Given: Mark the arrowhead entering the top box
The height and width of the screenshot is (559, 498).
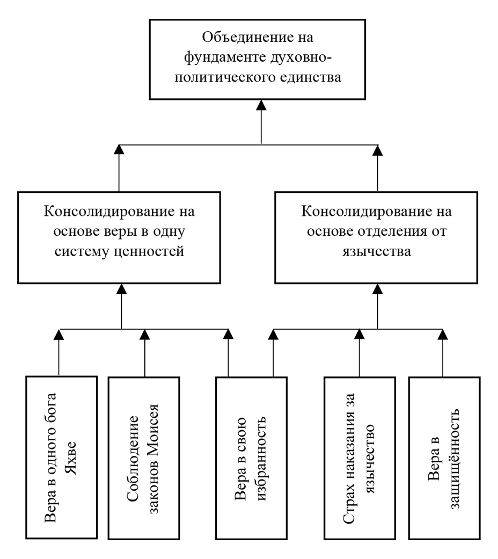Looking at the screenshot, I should click(x=261, y=106).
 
